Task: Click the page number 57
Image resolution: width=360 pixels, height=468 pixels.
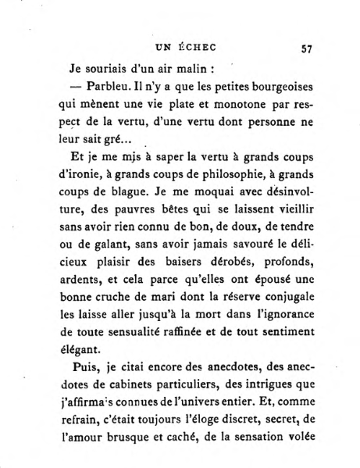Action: (x=305, y=47)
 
